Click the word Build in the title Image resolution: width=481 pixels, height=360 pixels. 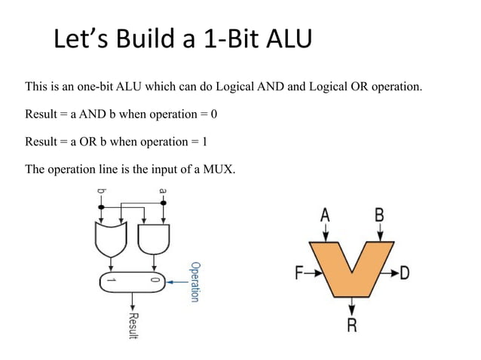tap(148, 39)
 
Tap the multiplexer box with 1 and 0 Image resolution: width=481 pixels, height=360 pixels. tap(133, 280)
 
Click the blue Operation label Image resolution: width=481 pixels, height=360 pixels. tap(195, 282)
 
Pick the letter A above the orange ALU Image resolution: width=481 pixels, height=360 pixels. tap(325, 215)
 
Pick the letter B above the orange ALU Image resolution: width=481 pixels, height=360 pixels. tap(379, 215)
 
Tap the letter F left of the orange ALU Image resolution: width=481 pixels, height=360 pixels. tap(299, 273)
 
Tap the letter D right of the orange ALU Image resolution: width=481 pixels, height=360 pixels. tap(405, 273)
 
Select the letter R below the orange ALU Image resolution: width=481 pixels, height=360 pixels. tap(351, 326)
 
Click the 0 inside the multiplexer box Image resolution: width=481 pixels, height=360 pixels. tap(156, 280)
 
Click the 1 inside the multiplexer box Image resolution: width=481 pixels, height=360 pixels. tap(110, 280)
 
